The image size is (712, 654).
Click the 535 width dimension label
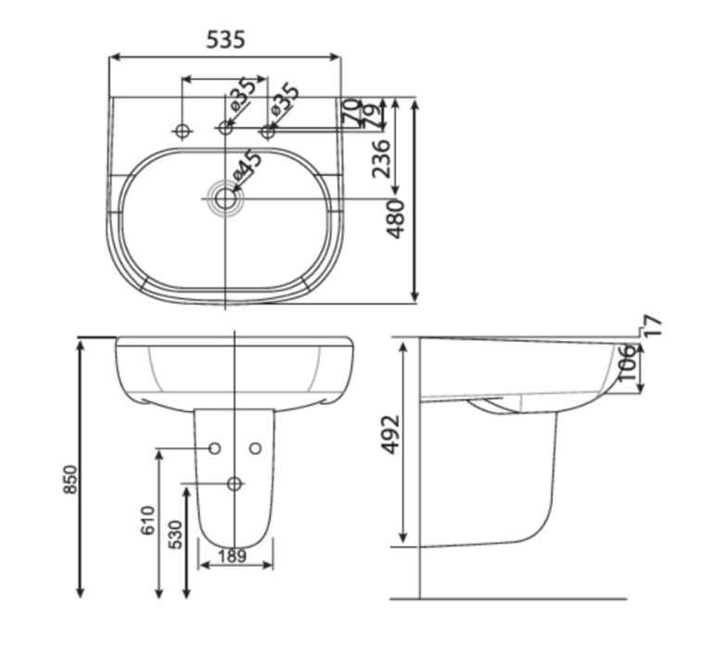point(225,39)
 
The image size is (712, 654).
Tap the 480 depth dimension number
point(396,219)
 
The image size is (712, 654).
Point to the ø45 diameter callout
point(248,168)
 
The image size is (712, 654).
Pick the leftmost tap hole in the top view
point(182,132)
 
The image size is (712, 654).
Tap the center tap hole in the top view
point(225,127)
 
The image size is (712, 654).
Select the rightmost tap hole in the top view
point(268,132)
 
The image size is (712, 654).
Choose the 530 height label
point(176,530)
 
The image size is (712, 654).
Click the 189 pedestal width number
point(235,556)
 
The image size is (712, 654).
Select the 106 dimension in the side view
point(627,364)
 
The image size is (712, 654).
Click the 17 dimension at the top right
point(655,325)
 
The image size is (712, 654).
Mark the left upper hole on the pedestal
point(215,448)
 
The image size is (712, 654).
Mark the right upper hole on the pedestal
point(256,448)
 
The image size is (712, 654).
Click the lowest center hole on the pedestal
point(235,483)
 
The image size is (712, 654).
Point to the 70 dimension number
point(350,109)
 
